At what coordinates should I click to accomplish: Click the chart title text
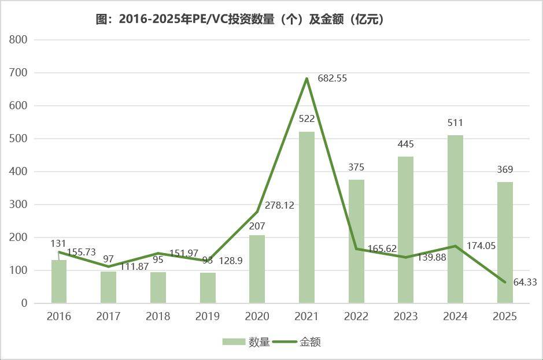point(240,19)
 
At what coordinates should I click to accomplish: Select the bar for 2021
point(306,217)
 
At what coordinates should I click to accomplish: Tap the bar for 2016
point(59,281)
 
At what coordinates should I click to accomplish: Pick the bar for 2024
point(455,219)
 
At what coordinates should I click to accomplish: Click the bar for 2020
point(257,269)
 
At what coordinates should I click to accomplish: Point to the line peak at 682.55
point(306,79)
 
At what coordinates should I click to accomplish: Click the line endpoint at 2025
point(505,282)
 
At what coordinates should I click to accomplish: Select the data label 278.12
point(279,205)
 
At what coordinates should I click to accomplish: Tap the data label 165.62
point(382,249)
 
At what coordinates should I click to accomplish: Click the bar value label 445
point(405,144)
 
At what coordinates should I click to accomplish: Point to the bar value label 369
point(505,170)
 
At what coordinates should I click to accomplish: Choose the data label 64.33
point(525,282)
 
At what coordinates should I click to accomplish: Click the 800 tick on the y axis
point(19,40)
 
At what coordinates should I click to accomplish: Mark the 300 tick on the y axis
point(19,205)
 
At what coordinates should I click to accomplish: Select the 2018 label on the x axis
point(158,317)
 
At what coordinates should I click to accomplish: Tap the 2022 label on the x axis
point(356,317)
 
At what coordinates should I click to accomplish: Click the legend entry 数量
point(247,342)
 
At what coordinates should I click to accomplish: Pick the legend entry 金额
point(299,342)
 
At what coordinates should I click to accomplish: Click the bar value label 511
point(455,123)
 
